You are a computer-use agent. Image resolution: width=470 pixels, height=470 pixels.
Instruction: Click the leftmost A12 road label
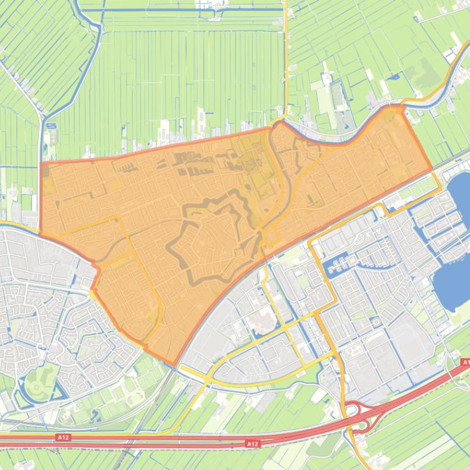point(62,437)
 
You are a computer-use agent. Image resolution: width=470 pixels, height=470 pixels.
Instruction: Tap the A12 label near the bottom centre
point(251,444)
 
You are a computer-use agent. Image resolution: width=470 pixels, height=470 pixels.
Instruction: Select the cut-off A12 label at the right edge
point(465,363)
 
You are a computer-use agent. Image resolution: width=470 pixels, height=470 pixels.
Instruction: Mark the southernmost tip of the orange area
point(176,366)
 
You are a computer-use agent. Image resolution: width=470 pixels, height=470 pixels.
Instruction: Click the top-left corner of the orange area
point(42,163)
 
